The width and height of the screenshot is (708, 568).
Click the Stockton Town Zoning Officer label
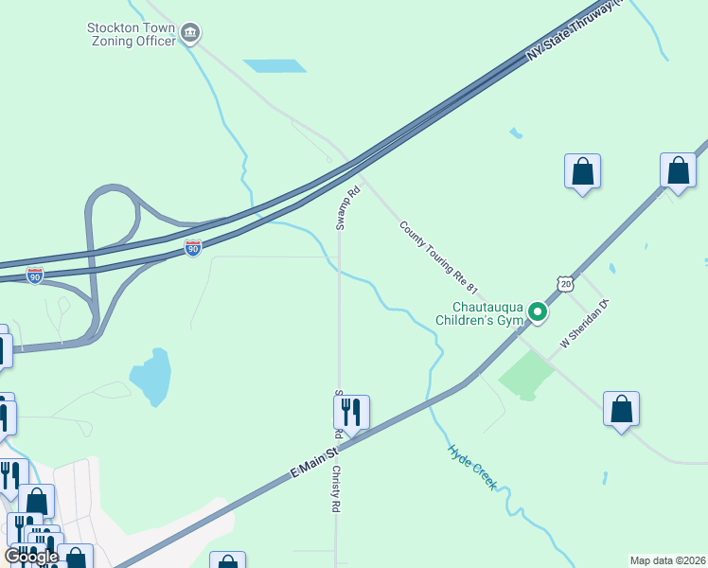(x=131, y=34)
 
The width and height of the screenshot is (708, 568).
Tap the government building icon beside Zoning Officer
(x=191, y=35)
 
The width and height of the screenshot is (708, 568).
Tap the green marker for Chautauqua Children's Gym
(x=538, y=311)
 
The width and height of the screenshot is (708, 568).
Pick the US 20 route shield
(x=565, y=283)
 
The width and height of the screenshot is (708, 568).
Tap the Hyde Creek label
(x=472, y=466)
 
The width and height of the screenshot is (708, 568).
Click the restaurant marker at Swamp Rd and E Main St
(x=351, y=413)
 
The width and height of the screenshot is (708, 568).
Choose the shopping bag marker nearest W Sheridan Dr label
(x=621, y=409)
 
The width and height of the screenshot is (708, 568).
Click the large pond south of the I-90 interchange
(x=151, y=376)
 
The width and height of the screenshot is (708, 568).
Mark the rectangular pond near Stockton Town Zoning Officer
(x=274, y=66)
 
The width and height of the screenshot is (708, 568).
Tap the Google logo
(x=30, y=557)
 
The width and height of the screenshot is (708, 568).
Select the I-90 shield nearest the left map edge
(x=35, y=275)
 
